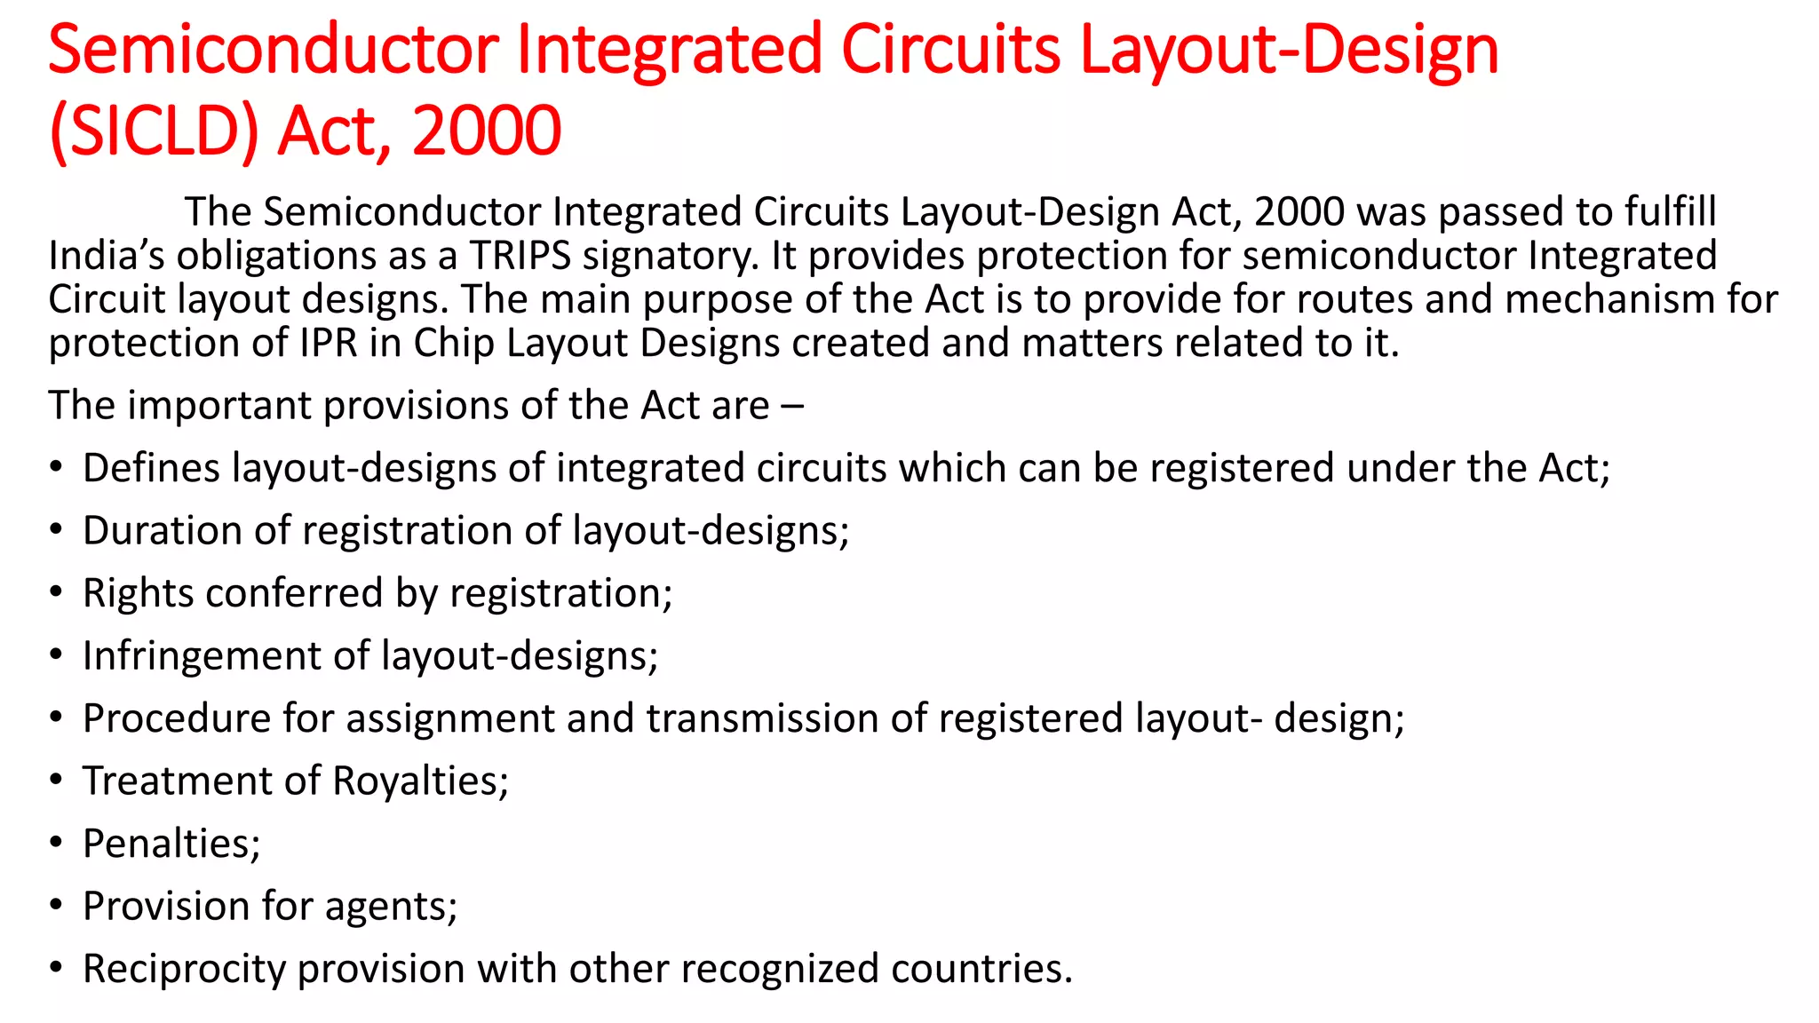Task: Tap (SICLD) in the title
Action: point(154,131)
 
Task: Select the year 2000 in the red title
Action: point(486,131)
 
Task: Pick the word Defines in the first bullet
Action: point(151,469)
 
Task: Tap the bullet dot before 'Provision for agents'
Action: point(56,905)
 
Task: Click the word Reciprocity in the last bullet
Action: point(184,969)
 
